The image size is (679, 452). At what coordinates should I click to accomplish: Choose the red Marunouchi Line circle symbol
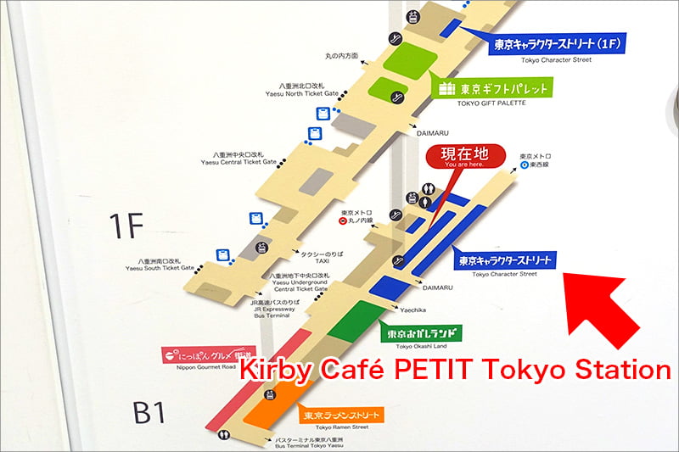[x=342, y=222]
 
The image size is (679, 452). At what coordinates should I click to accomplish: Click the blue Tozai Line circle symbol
[x=525, y=167]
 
